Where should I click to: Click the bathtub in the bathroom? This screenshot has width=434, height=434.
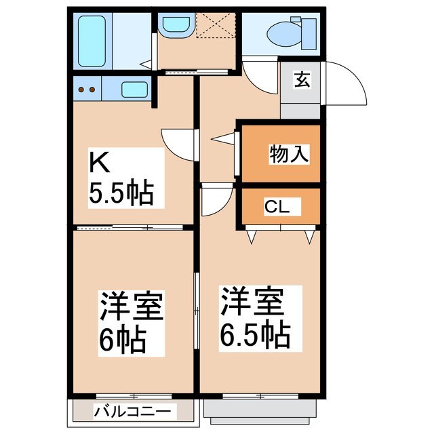(92, 41)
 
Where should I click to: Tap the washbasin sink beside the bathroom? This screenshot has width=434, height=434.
(176, 24)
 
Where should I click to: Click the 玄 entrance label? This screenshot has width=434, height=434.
(301, 79)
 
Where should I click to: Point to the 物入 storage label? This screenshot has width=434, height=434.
(290, 153)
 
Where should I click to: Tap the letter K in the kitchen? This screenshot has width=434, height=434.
(99, 164)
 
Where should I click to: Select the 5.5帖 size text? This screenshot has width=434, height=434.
(119, 194)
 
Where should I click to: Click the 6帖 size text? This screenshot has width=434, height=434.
(123, 339)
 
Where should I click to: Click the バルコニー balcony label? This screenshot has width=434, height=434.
(134, 411)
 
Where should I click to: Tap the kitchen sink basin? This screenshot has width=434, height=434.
(134, 89)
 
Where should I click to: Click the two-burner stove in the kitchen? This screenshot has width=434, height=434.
(86, 89)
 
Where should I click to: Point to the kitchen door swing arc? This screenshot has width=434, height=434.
(178, 144)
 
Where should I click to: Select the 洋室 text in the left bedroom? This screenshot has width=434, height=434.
(132, 307)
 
